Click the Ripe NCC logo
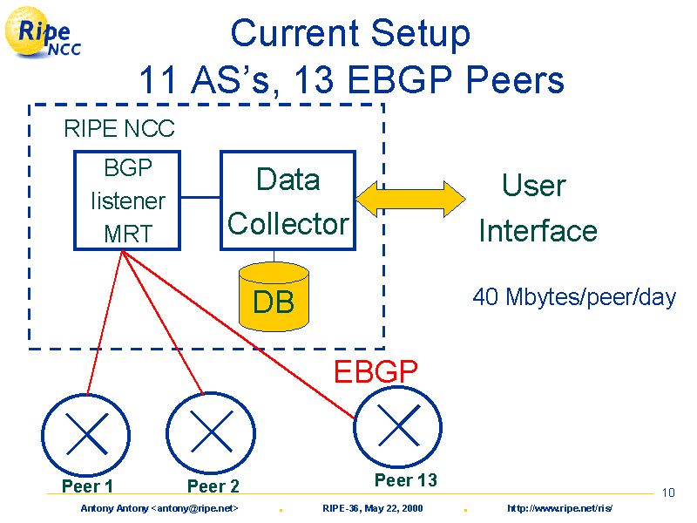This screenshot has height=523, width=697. pos(43,32)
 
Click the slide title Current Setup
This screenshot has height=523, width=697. pos(350,33)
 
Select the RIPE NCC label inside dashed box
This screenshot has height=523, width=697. pos(119,128)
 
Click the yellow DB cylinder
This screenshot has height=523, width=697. pos(274,296)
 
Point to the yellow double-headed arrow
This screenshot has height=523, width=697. pos(410,199)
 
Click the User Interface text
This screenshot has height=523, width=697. pos(538,207)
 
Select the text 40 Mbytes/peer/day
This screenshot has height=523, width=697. pos(574,296)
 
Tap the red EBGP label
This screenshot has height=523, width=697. pos(376,371)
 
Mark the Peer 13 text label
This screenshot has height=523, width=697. pos(406,480)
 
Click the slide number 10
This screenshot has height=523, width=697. pos(668,492)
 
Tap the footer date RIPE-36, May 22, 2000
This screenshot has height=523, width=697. pos(373,508)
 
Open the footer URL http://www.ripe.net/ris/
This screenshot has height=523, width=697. pos(559,508)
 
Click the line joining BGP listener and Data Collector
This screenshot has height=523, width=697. pos(200,197)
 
